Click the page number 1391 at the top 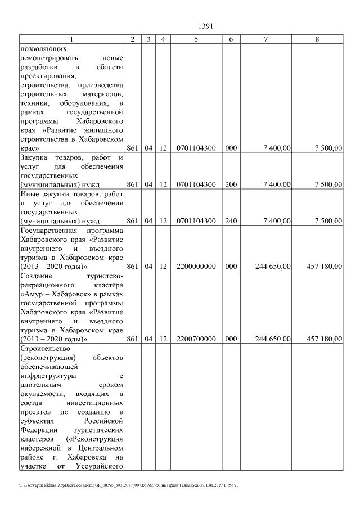pyautogui.click(x=204, y=25)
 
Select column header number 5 pyautogui.click(x=196, y=39)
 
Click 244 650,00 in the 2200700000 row pyautogui.click(x=273, y=339)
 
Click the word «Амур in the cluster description pyautogui.click(x=33, y=294)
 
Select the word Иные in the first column pyautogui.click(x=29, y=194)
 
